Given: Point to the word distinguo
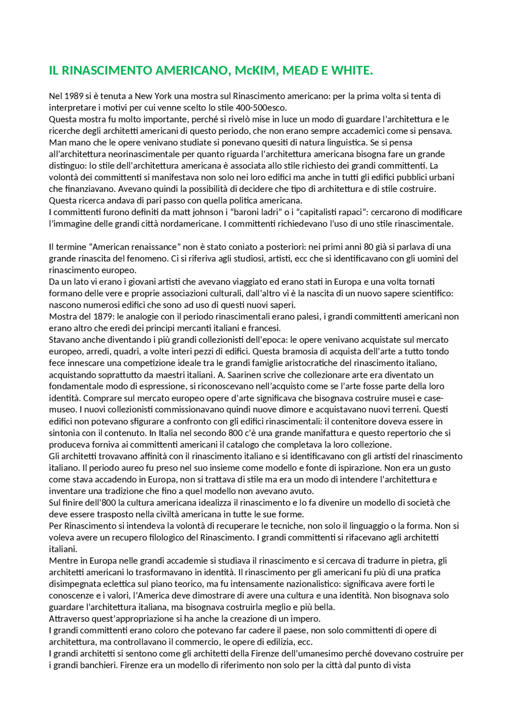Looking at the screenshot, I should (x=67, y=165).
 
